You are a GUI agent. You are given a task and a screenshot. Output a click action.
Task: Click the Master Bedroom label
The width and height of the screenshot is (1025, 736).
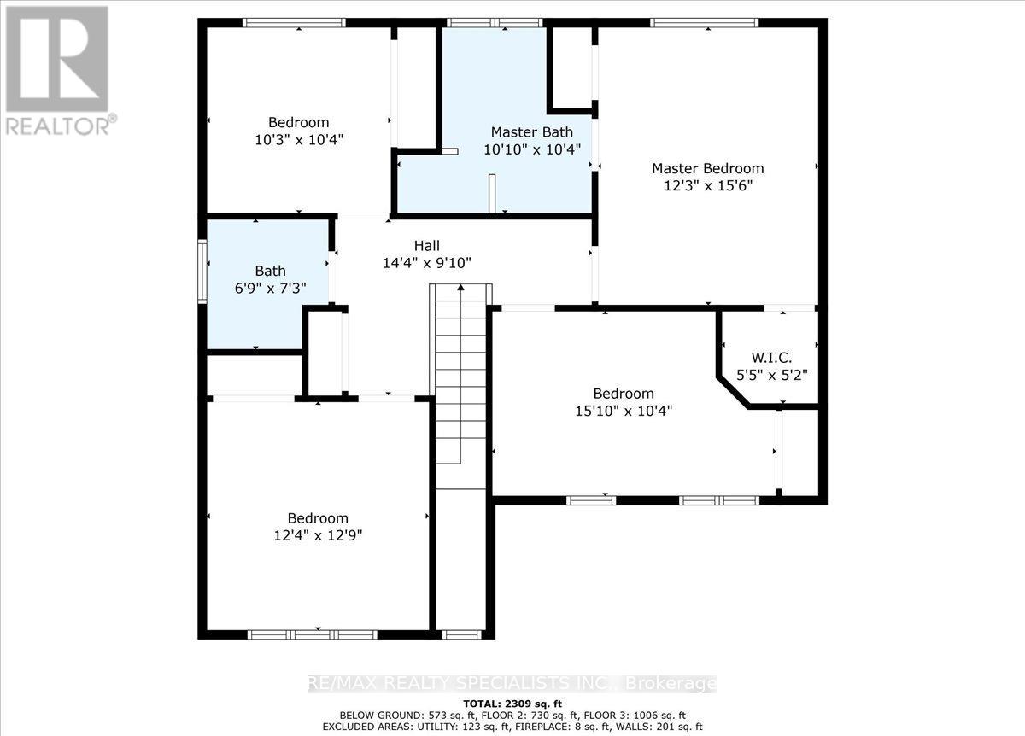(708, 169)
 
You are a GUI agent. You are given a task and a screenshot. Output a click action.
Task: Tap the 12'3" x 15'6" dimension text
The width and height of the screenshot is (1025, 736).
(708, 186)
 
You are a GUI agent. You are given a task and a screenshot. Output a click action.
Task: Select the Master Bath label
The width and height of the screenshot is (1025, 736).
(531, 132)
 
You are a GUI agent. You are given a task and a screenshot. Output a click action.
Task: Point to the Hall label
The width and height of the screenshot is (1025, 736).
(427, 246)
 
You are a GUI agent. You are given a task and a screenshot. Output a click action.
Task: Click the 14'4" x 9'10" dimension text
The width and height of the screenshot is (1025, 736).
(427, 263)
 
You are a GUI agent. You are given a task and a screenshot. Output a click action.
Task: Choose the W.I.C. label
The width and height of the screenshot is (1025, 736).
(771, 358)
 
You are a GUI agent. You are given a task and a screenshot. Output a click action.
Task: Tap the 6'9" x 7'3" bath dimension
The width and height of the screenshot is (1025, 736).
(271, 289)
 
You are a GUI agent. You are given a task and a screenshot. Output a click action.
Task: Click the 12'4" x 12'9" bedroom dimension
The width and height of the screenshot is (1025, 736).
(318, 535)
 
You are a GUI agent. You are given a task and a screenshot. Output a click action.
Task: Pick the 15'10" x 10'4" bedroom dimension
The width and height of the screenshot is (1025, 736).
(624, 411)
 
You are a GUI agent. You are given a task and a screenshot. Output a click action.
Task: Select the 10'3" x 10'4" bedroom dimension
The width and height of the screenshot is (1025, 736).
(299, 139)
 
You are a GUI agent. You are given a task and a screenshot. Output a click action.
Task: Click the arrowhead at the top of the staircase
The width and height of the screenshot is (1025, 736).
(460, 288)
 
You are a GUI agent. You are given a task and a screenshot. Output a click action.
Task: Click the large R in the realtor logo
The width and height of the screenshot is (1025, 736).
(57, 59)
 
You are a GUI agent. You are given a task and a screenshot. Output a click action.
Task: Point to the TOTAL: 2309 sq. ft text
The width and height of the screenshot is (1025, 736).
(512, 704)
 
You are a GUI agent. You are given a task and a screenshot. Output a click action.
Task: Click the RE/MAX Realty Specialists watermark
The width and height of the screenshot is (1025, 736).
(512, 683)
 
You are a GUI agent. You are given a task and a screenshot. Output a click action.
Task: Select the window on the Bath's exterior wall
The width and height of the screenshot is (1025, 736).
(202, 272)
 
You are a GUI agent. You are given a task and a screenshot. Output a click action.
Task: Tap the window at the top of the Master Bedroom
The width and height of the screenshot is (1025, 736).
(704, 23)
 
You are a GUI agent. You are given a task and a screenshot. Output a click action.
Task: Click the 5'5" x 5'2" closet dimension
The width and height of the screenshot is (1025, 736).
(771, 375)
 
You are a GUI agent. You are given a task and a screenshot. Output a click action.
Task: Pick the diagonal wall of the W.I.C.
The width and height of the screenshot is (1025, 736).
(733, 392)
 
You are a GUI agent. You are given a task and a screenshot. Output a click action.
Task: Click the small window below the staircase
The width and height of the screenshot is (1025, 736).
(462, 634)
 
